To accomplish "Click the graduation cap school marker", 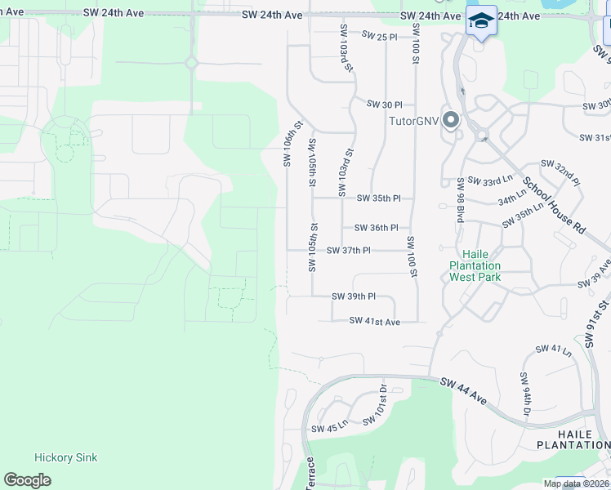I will coord(480,20).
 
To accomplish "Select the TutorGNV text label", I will coord(413,121).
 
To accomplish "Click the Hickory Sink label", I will coord(65,457).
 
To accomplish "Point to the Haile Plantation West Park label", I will coord(475,265).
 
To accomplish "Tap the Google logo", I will coord(27,480).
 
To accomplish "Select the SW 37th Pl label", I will coord(349,251).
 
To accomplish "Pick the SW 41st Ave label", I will coord(374,322).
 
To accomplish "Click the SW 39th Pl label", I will coord(354,296).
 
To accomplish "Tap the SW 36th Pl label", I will coord(376,228).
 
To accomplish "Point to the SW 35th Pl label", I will coord(379,198).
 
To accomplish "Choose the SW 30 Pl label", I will coord(385,105).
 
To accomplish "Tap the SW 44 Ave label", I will coord(463,391).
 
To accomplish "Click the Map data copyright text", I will coord(576,483).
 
